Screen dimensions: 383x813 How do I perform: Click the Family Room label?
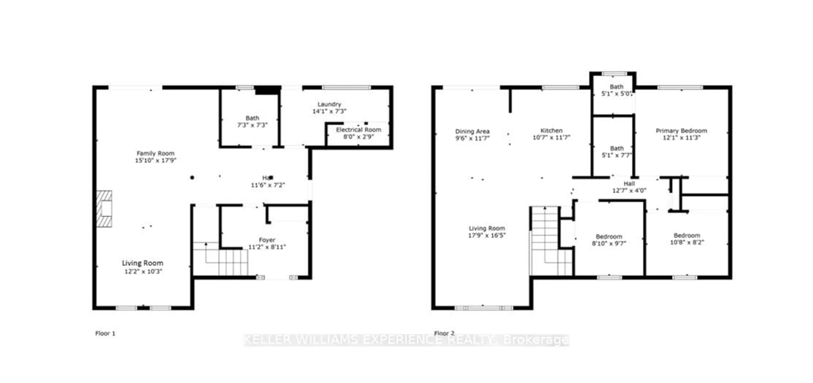click(x=155, y=153)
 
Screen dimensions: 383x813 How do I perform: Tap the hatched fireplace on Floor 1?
click(x=104, y=209)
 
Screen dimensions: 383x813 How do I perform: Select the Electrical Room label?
click(x=358, y=130)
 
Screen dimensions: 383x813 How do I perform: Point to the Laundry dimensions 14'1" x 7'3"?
click(x=329, y=111)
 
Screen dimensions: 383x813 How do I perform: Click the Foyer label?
click(x=267, y=240)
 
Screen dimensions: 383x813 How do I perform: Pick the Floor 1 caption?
click(x=105, y=333)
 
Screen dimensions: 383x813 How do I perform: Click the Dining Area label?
click(x=472, y=131)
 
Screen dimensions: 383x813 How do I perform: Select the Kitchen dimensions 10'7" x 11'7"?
click(x=551, y=138)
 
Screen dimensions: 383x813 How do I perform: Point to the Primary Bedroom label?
click(x=681, y=131)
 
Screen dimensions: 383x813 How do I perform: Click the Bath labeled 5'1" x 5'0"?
click(x=616, y=90)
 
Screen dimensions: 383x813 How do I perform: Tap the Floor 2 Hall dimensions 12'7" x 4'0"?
click(x=629, y=191)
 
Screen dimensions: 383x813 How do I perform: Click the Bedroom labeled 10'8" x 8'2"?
click(x=687, y=239)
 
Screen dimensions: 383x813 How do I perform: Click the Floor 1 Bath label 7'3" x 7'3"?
click(x=252, y=121)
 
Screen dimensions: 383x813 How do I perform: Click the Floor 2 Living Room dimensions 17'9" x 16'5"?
click(x=487, y=235)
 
